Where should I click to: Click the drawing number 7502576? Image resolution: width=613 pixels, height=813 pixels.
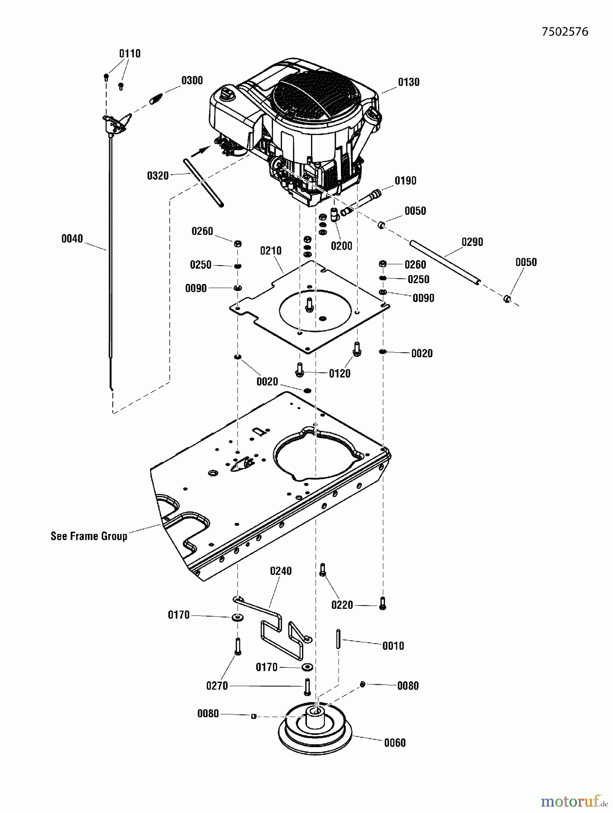pyautogui.click(x=565, y=32)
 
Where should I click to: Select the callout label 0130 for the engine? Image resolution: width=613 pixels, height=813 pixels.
pyautogui.click(x=409, y=82)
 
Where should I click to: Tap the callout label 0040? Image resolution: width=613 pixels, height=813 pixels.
pyautogui.click(x=72, y=238)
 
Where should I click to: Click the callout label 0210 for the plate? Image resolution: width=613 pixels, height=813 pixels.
pyautogui.click(x=271, y=251)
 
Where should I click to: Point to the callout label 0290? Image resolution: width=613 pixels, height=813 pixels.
pyautogui.click(x=472, y=242)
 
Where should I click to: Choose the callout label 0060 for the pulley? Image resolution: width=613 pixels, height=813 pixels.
pyautogui.click(x=395, y=743)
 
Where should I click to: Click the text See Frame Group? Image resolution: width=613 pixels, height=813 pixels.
pyautogui.click(x=89, y=536)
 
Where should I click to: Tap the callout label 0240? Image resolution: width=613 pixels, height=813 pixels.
pyautogui.click(x=281, y=571)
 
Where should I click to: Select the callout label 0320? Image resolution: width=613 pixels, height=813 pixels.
pyautogui.click(x=158, y=176)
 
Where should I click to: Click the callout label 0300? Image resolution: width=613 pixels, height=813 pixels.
pyautogui.click(x=192, y=81)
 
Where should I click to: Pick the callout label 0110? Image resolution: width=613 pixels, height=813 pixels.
pyautogui.click(x=130, y=54)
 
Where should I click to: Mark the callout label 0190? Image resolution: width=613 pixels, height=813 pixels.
pyautogui.click(x=405, y=181)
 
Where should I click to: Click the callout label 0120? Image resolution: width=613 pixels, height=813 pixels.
pyautogui.click(x=339, y=374)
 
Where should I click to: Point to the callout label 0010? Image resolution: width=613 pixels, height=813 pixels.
pyautogui.click(x=393, y=646)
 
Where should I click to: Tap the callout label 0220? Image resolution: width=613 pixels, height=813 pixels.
pyautogui.click(x=342, y=605)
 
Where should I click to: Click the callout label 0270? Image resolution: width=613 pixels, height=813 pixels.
pyautogui.click(x=217, y=686)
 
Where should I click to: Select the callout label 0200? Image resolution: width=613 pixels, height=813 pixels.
pyautogui.click(x=341, y=246)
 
